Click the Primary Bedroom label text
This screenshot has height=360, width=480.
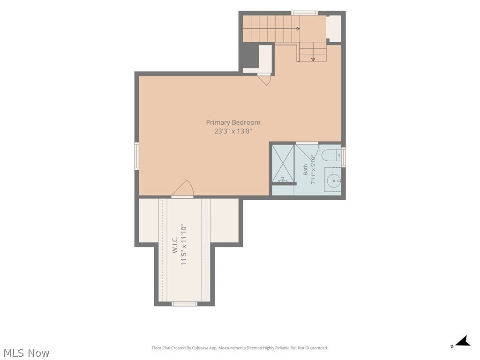click(233, 122)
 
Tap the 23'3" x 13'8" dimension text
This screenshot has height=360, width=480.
click(233, 131)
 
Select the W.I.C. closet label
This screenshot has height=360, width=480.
click(175, 244)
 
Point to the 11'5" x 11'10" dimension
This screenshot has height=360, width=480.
click(184, 245)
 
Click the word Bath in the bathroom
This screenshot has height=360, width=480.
click(305, 170)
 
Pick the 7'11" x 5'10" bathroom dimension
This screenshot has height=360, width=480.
click(313, 170)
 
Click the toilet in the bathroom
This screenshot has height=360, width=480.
click(330, 155)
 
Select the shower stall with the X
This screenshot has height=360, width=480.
click(283, 164)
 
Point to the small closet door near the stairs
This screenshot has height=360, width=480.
click(264, 79)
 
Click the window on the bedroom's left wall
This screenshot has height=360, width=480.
click(137, 156)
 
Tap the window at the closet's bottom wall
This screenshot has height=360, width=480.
click(184, 304)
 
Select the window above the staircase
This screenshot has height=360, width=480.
click(304, 13)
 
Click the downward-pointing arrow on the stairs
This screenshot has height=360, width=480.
click(313, 52)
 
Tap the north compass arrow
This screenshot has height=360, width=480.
click(463, 341)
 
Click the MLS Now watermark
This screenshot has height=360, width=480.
click(26, 353)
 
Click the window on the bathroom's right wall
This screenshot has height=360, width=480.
click(344, 157)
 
